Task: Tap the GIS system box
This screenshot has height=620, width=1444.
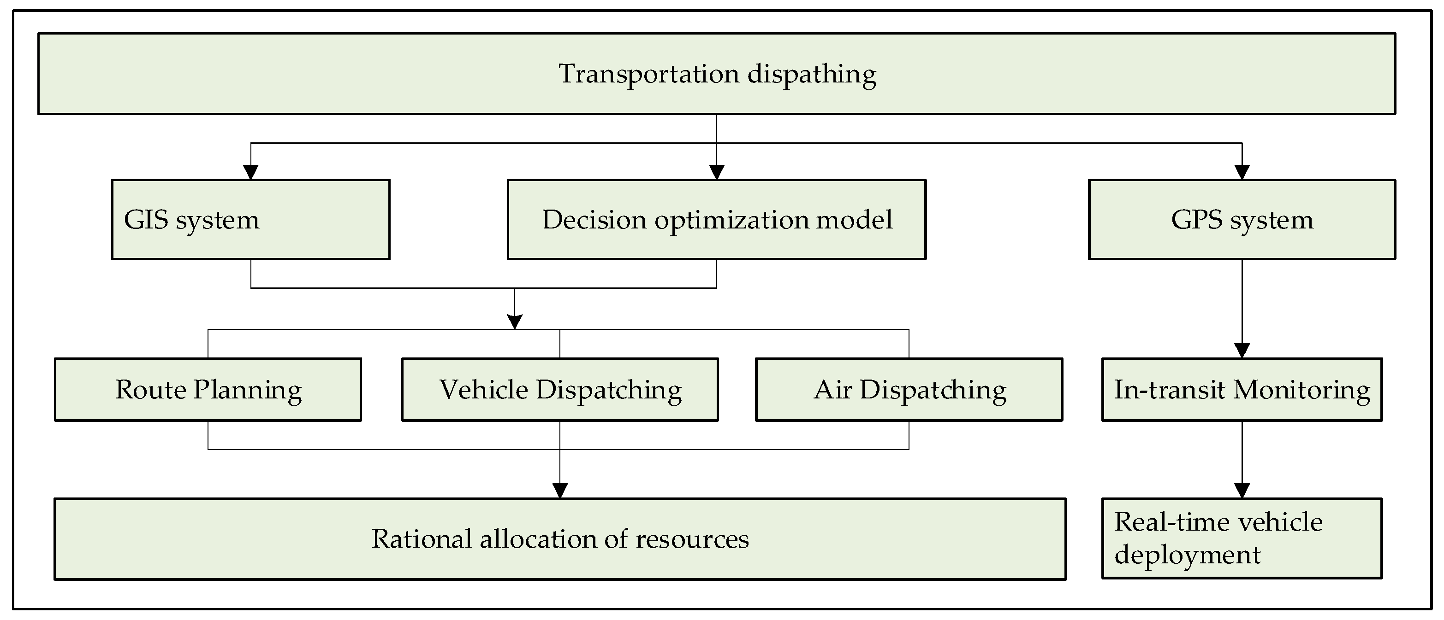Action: point(250,220)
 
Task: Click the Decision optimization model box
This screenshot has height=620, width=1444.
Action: point(716,220)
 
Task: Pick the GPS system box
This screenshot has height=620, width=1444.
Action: point(1242,220)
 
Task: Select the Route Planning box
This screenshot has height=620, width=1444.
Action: point(208,390)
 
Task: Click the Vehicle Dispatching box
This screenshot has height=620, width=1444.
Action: point(560,390)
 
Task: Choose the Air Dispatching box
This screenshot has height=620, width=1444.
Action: point(909,390)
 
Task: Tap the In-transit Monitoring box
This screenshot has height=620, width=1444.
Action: point(1242,390)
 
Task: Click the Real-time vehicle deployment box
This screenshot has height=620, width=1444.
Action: point(1242,538)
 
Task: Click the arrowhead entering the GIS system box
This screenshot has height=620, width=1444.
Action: point(250,172)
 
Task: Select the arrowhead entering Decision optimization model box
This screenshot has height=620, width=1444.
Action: point(716,172)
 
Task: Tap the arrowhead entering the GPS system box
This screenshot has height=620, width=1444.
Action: point(1242,172)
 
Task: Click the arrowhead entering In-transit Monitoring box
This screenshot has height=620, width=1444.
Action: point(1242,351)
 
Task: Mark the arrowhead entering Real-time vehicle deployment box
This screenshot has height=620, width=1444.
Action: point(1242,491)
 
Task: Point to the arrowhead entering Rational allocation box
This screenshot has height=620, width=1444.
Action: point(560,491)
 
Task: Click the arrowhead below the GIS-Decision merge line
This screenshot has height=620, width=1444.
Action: point(515,322)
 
